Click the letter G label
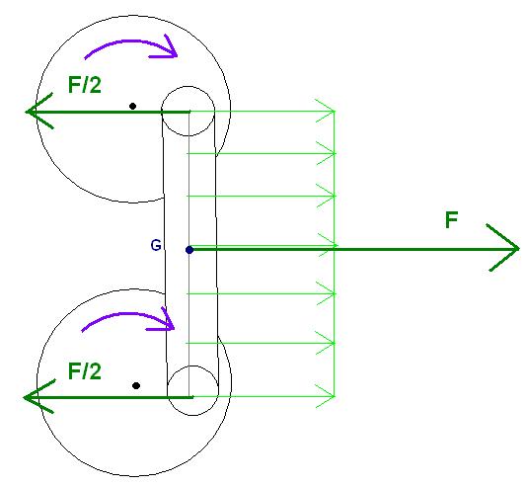pos(156,245)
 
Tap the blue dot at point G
pos(189,250)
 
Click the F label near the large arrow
pos(452,220)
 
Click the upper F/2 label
pos(85,85)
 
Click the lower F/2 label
pos(85,371)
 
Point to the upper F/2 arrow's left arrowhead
pos(38,111)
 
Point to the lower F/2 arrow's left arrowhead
pos(38,397)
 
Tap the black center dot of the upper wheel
pos(132,106)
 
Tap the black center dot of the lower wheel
pos(136,385)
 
